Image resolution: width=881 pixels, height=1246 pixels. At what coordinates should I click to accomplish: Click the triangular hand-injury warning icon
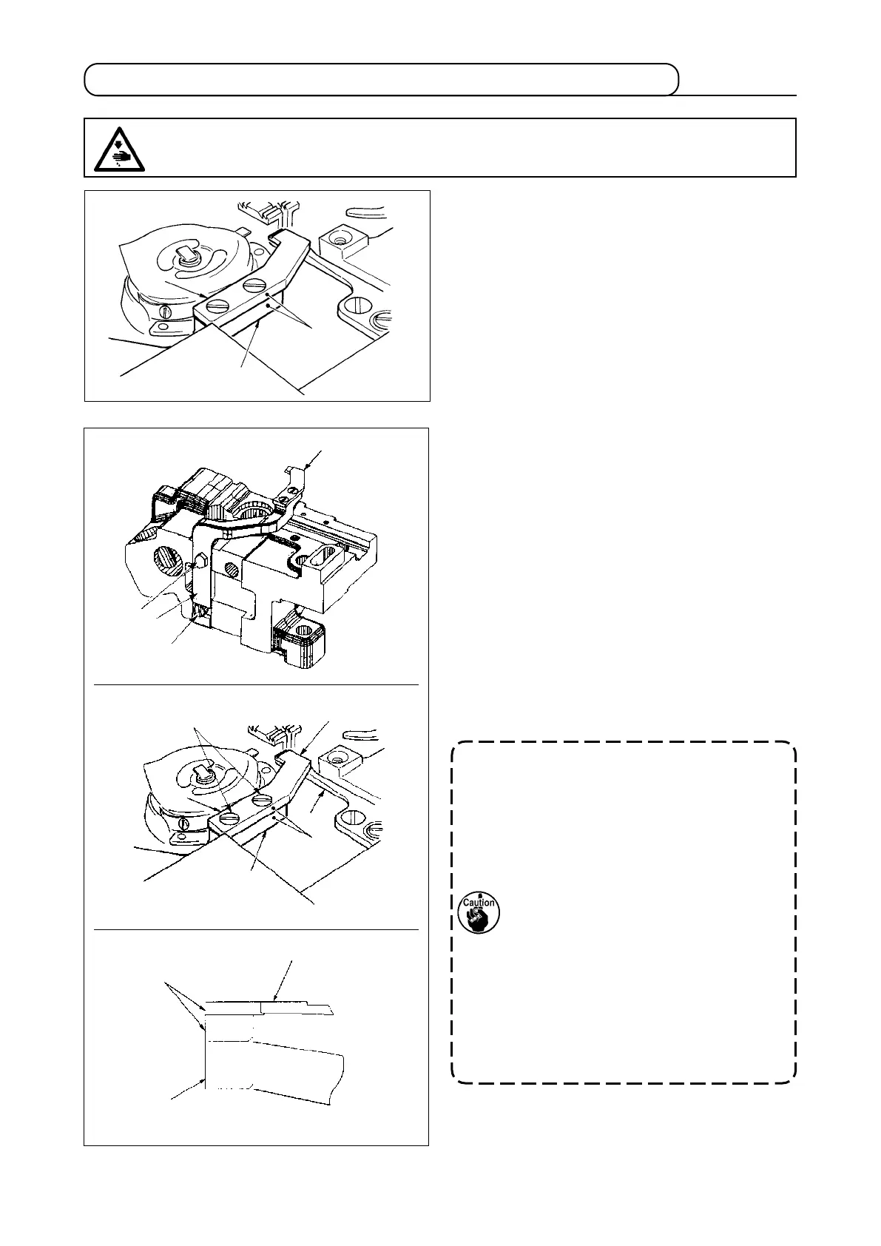119,149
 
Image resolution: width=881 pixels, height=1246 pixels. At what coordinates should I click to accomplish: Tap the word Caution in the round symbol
479,903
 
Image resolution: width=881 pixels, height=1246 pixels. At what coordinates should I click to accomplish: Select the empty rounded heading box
381,80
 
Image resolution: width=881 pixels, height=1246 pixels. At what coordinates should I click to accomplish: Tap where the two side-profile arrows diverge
166,985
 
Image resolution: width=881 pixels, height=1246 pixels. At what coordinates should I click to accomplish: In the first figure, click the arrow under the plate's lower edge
256,328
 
